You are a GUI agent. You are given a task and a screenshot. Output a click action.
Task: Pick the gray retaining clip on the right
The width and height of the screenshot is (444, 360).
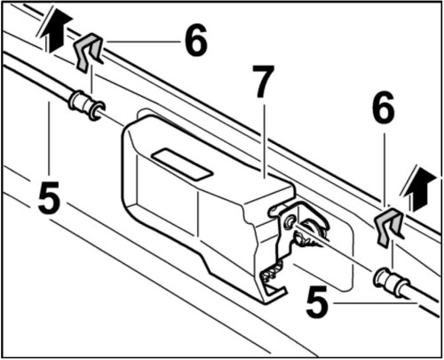tap(388, 228)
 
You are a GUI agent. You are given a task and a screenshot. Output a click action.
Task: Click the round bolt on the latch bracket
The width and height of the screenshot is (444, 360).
tap(290, 219)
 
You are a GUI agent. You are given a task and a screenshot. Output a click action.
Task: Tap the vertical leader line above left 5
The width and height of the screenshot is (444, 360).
tap(49, 142)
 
